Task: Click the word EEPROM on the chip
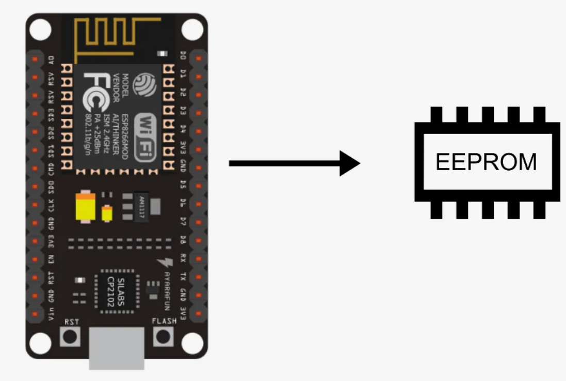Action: (486, 162)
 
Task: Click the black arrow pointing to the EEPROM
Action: (294, 163)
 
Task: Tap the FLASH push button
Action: (163, 337)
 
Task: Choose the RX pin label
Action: (183, 257)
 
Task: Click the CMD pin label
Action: (51, 170)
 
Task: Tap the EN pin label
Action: (51, 259)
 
